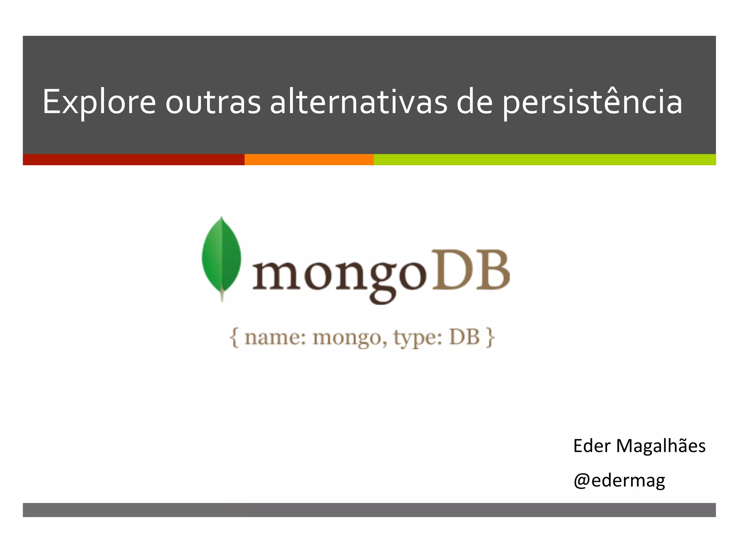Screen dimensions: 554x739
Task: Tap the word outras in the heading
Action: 213,102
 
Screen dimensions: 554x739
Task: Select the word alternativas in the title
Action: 359,102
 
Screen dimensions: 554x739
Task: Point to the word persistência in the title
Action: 592,102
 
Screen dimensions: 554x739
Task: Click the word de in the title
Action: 475,102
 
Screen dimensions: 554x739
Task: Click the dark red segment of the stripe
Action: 134,159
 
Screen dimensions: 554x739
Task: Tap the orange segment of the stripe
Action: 309,159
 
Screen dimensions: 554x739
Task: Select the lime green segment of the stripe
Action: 545,159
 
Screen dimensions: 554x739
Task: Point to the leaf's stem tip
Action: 222,298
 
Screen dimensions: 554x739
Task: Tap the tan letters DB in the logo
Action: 473,271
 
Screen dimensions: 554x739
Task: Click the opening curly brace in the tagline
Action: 235,338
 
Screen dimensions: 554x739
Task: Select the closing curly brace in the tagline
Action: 490,338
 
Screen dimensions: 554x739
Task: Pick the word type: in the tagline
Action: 417,338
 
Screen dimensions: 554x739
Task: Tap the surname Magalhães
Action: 660,446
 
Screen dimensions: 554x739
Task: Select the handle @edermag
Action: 619,480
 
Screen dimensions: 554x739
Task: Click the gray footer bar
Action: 369,510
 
